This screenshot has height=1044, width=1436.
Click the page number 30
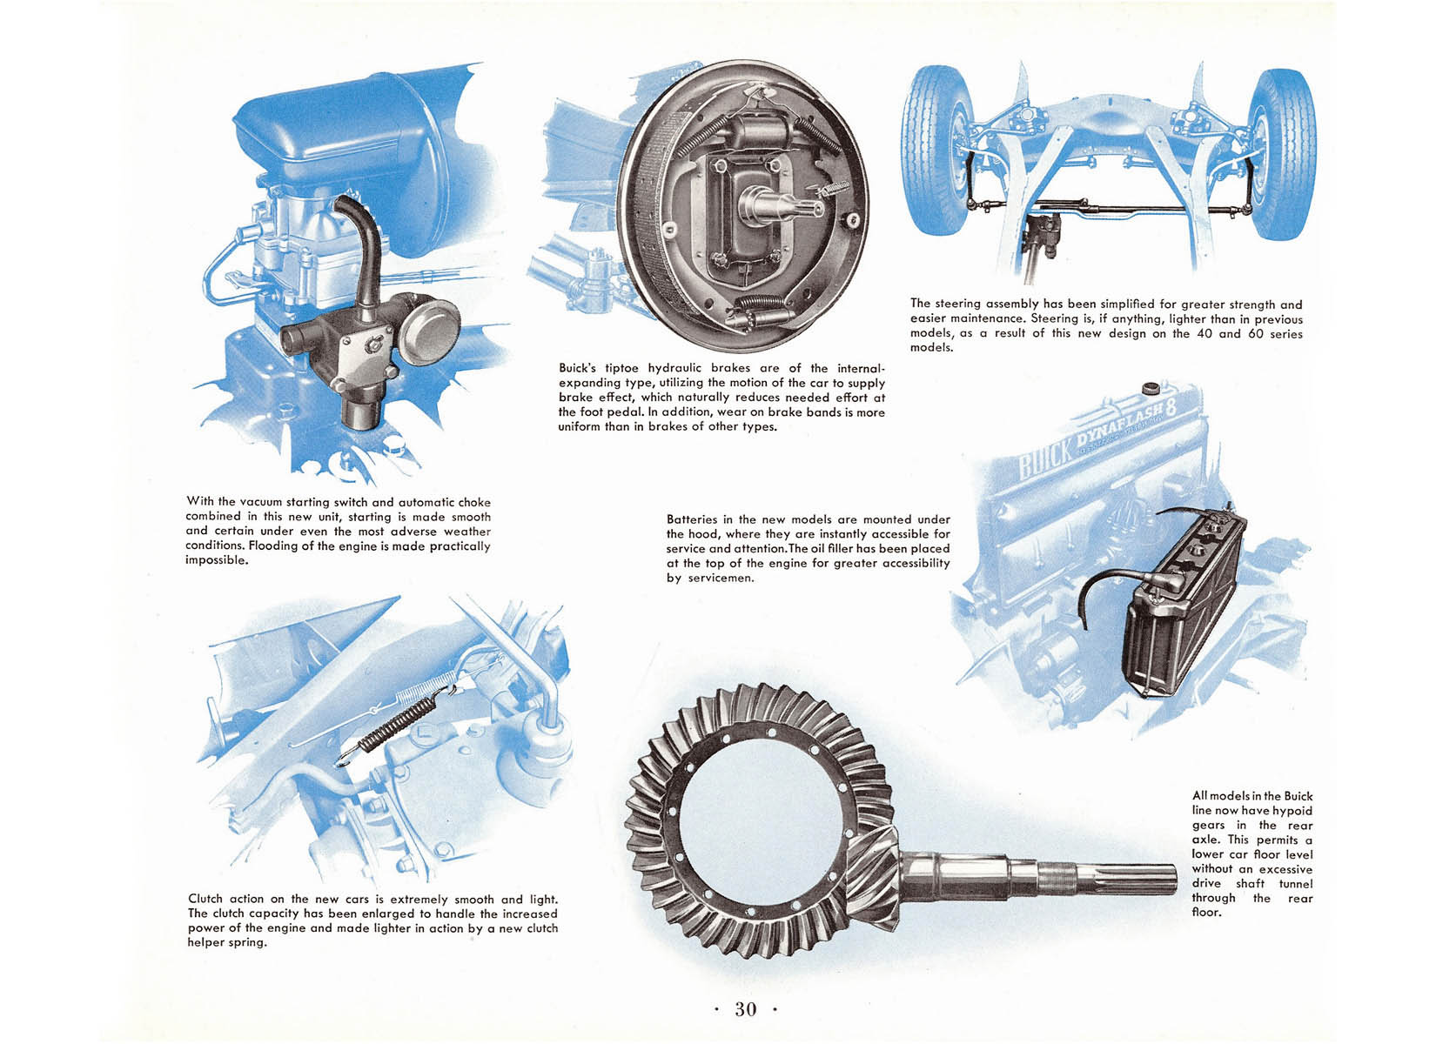[746, 1008]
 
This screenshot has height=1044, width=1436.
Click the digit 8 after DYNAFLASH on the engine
[1171, 407]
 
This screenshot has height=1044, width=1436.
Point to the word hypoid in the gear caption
[1292, 812]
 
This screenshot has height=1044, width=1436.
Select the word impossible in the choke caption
[217, 560]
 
